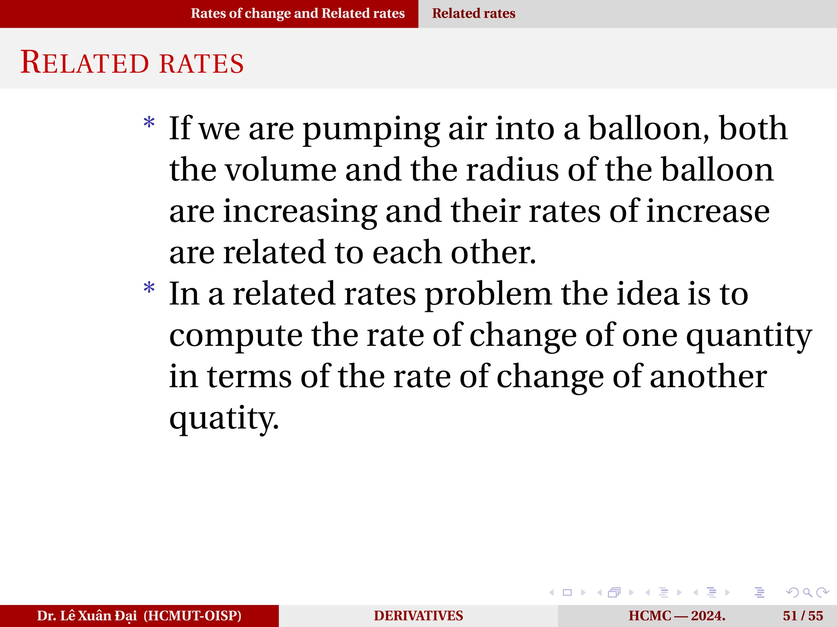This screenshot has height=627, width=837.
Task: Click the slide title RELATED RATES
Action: tap(132, 63)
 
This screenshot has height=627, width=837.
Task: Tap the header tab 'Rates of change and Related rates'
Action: tap(298, 13)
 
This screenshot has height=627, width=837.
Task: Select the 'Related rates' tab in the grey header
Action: tap(473, 13)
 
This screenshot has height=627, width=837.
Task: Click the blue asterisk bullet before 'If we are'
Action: tap(149, 123)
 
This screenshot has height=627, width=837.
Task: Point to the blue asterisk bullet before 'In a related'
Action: tap(149, 288)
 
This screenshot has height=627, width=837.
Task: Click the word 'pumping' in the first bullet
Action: tap(371, 130)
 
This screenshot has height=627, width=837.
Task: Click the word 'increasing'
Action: tap(300, 212)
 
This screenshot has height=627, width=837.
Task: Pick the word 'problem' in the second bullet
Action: tap(488, 295)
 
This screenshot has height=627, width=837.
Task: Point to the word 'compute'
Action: tap(236, 336)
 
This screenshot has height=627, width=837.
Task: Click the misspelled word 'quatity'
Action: tap(224, 418)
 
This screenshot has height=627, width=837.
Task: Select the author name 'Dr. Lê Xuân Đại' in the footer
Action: tap(87, 616)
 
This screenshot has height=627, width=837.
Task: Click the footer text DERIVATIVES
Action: tap(418, 616)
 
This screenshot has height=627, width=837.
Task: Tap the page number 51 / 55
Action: tap(803, 616)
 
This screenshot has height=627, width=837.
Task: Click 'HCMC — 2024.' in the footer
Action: tap(677, 616)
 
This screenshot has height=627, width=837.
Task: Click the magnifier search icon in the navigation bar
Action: tap(807, 592)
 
